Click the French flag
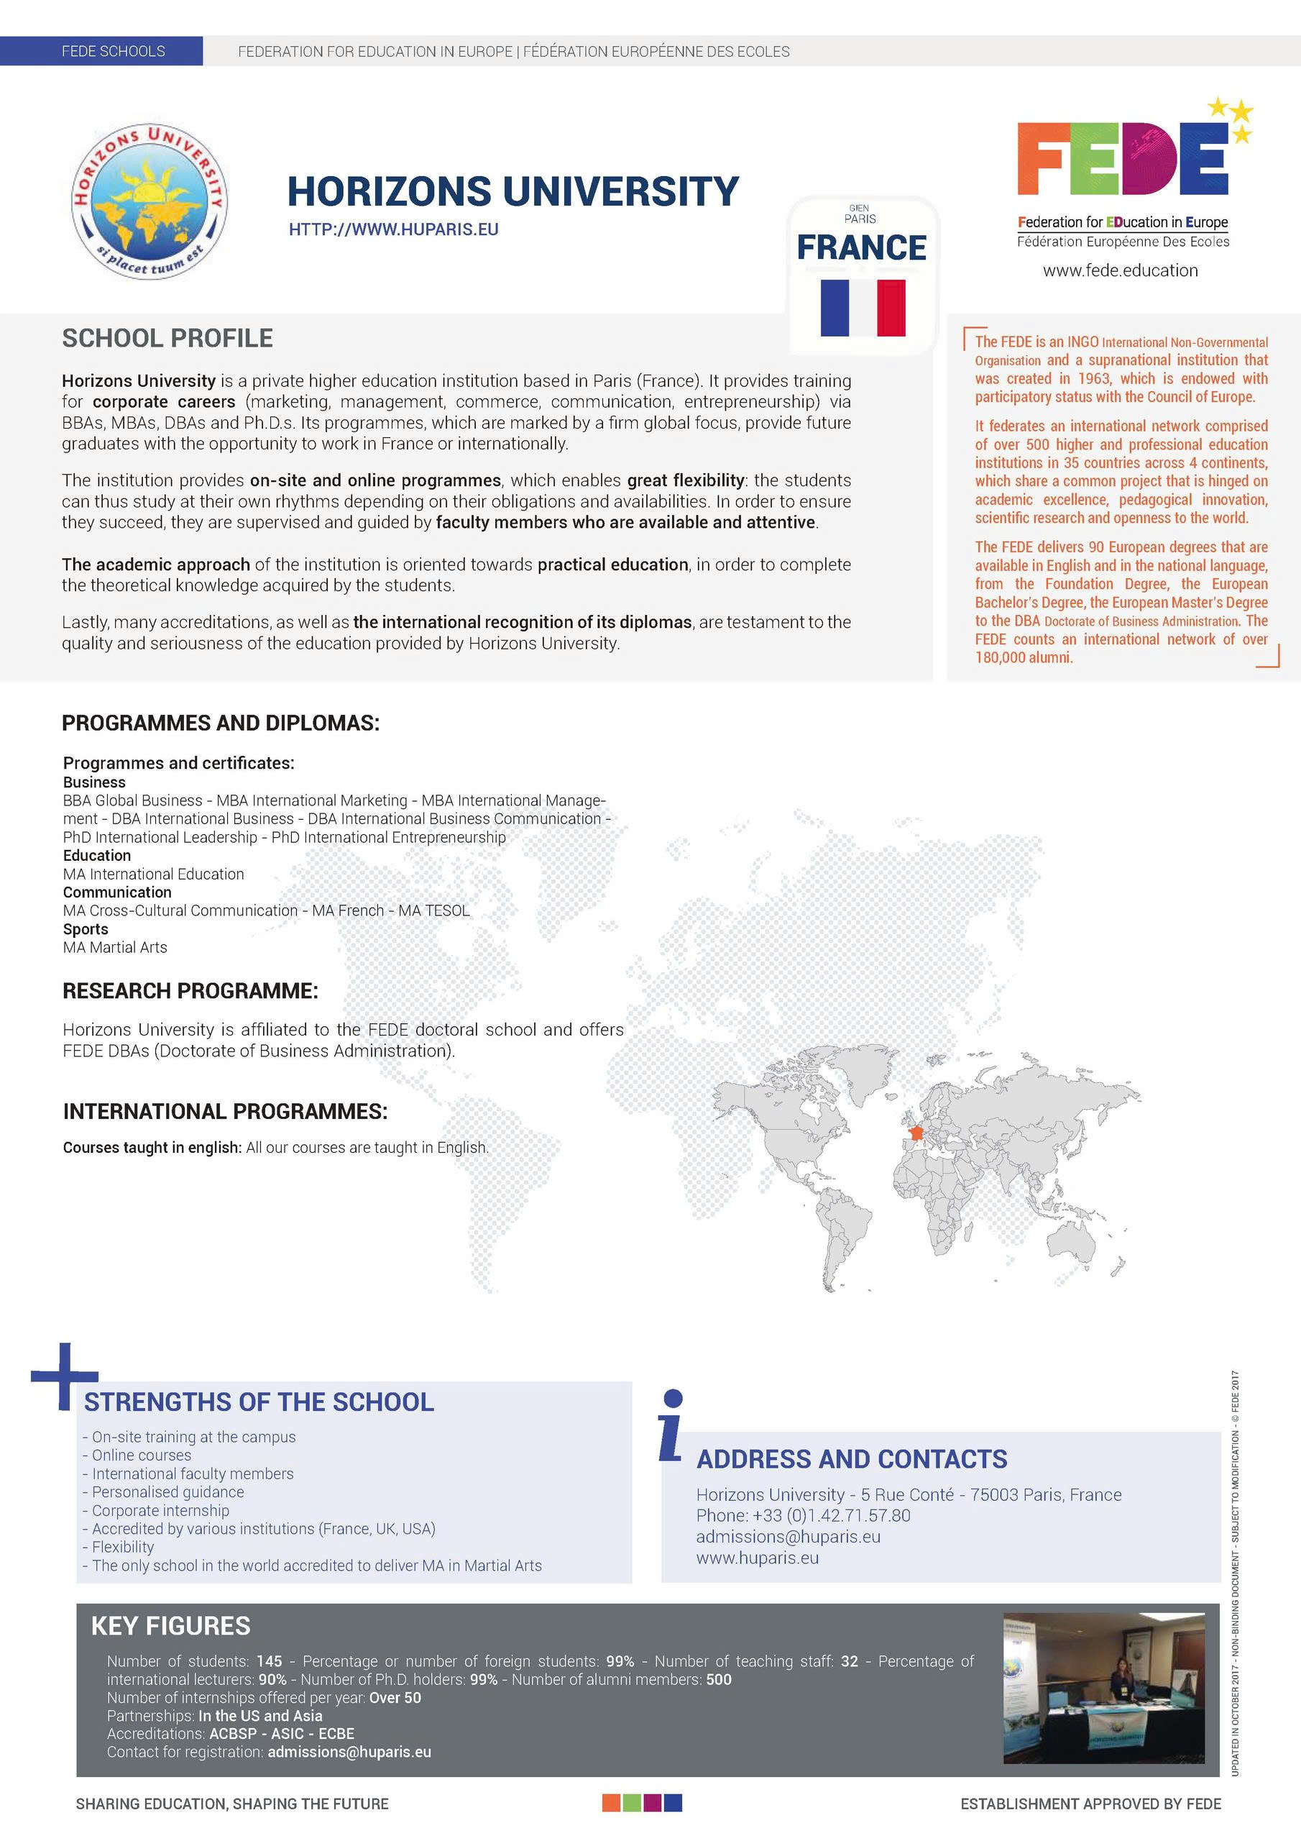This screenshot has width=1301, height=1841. coord(863,308)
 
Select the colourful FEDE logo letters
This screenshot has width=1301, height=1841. coord(1122,160)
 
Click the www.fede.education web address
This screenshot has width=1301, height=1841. coord(1120,271)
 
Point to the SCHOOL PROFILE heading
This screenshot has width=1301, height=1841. coord(167,339)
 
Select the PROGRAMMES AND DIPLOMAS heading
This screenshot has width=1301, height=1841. coord(221,723)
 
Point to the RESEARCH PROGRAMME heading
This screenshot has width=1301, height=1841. coord(190,991)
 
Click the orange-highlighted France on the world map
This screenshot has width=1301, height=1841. coord(914,1132)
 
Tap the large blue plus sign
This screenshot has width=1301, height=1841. coord(64,1376)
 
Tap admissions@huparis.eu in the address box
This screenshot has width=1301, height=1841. coord(788,1536)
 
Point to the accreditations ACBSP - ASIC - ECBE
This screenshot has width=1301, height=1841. coord(281,1734)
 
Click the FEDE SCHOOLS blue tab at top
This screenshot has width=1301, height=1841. coord(113,51)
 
